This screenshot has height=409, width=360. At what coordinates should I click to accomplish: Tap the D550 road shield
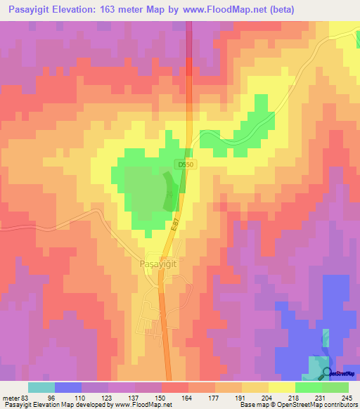(x=184, y=164)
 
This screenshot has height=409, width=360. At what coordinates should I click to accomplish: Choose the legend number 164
(x=187, y=397)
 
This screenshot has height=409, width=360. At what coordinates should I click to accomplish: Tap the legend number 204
(x=267, y=397)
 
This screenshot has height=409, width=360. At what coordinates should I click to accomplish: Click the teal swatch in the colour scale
(x=41, y=387)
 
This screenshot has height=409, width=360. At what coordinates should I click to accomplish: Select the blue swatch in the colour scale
(x=68, y=387)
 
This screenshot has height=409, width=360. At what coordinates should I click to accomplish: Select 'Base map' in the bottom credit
(x=252, y=405)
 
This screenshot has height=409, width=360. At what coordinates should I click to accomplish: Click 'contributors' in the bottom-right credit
(x=335, y=405)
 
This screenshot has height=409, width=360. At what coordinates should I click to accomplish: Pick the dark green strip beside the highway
(x=171, y=191)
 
